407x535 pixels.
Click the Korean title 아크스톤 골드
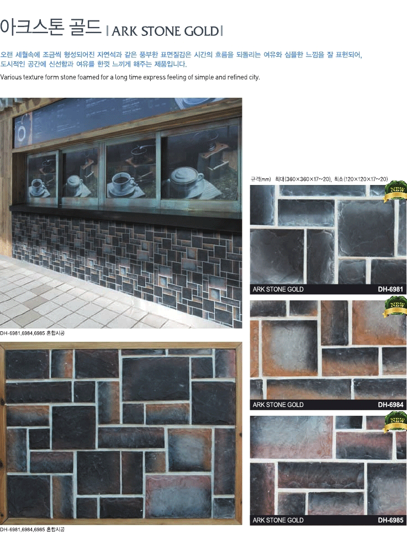click(x=50, y=27)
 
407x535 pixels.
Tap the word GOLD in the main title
click(x=201, y=31)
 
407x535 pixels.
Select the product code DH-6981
click(x=390, y=289)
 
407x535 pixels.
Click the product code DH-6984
click(x=390, y=405)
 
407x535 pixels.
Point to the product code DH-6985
click(x=390, y=520)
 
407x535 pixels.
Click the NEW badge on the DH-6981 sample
click(x=396, y=192)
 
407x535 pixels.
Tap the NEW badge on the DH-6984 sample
click(x=396, y=307)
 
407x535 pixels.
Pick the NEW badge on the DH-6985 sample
click(x=396, y=422)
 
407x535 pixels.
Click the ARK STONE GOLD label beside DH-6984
click(x=278, y=405)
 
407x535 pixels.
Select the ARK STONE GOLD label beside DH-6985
click(x=278, y=520)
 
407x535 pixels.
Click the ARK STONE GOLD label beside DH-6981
click(x=278, y=289)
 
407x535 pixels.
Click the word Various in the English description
click(x=11, y=77)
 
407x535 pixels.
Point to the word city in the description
click(x=254, y=77)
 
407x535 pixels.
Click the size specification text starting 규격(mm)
click(x=319, y=179)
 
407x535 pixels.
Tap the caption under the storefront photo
click(x=33, y=333)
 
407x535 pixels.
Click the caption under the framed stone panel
click(x=33, y=529)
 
